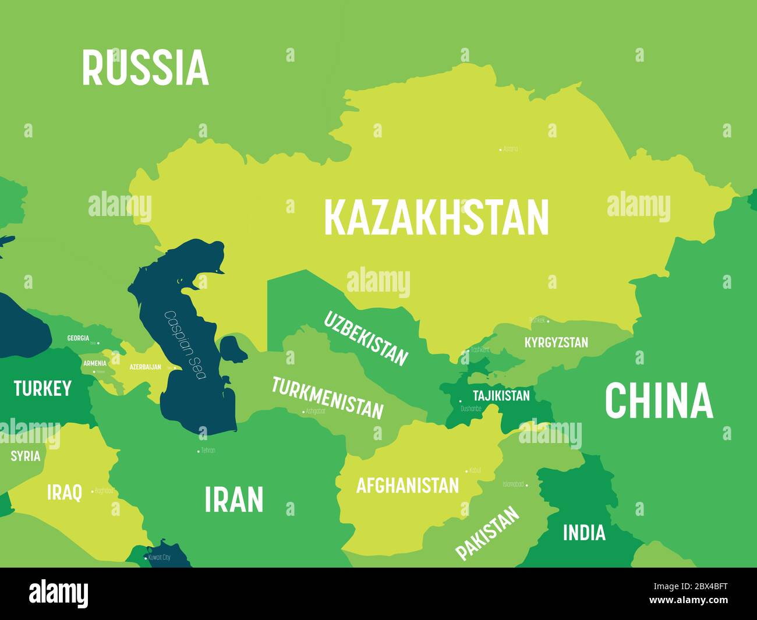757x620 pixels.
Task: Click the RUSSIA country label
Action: click(145, 68)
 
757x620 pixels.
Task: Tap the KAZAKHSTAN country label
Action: click(436, 217)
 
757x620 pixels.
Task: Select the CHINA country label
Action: click(659, 401)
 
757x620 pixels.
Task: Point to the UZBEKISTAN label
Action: click(366, 338)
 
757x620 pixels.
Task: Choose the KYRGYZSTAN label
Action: click(556, 342)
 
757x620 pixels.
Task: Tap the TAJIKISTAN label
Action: click(501, 396)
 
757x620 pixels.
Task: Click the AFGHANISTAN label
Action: click(407, 485)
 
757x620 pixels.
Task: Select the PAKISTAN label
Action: click(487, 533)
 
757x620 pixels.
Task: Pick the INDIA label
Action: click(583, 532)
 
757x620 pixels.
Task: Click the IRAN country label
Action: click(234, 499)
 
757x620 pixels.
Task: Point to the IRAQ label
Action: click(64, 492)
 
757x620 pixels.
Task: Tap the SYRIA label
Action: click(26, 456)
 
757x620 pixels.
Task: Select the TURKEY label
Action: click(43, 388)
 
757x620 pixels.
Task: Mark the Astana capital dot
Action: click(500, 150)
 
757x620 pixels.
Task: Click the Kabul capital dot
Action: click(466, 470)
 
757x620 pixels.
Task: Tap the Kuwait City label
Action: click(159, 557)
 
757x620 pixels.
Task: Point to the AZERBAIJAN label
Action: click(145, 367)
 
